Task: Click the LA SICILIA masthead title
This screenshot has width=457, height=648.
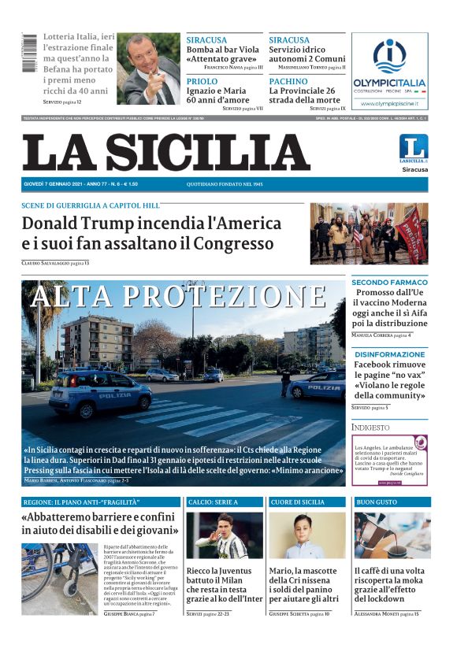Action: [165, 152]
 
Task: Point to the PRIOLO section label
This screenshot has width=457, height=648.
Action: [202, 81]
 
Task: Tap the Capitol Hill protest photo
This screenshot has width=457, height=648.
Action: [369, 233]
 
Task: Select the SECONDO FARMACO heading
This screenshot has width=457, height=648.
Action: [389, 282]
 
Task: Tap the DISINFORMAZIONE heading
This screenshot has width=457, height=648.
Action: [389, 354]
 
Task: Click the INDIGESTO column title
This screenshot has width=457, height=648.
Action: [370, 428]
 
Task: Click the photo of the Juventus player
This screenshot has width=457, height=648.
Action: [224, 535]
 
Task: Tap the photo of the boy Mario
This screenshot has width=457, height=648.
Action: [307, 535]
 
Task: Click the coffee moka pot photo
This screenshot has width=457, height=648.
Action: [391, 535]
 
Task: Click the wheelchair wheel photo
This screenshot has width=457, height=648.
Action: [59, 579]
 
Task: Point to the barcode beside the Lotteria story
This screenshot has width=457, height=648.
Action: [30, 54]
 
